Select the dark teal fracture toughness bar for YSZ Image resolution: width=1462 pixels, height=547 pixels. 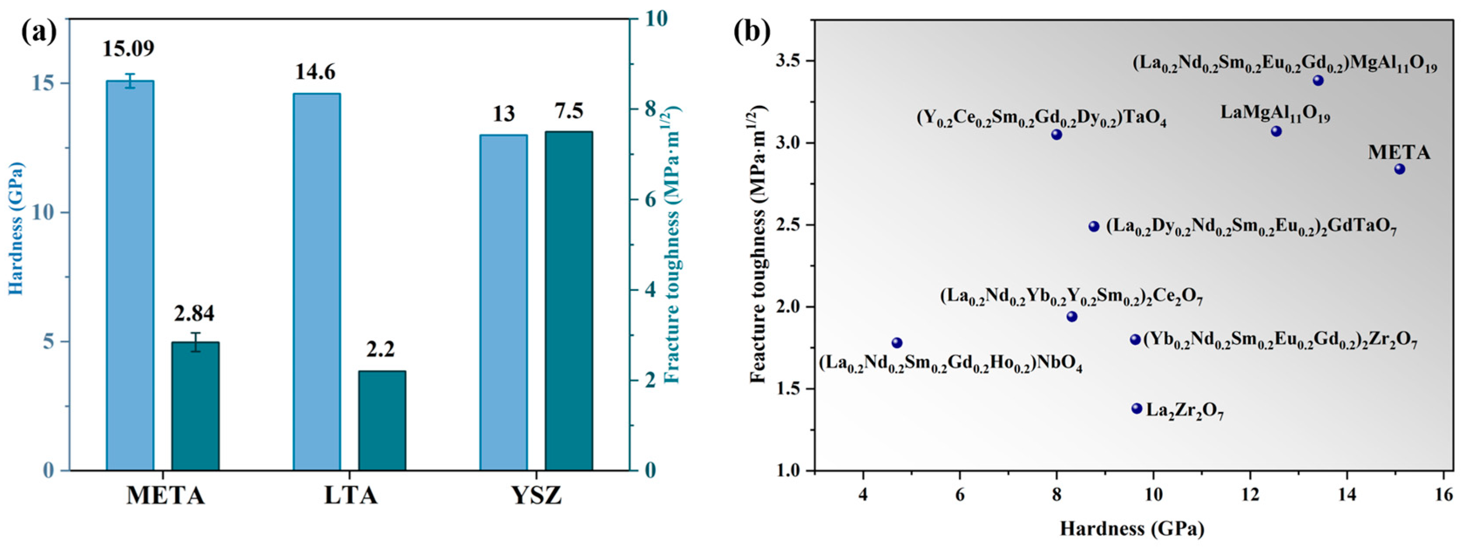(569, 301)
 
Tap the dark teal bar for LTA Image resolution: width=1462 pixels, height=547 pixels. (382, 420)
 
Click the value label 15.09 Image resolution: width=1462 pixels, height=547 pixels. (128, 49)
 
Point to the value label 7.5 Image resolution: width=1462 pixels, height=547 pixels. (569, 111)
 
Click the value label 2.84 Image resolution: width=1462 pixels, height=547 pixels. (195, 313)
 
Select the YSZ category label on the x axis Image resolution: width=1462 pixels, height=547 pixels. (537, 496)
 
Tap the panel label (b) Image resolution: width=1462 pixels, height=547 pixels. (752, 32)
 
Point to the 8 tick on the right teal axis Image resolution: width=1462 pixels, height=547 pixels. (649, 109)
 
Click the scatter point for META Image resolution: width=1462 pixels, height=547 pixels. (1400, 169)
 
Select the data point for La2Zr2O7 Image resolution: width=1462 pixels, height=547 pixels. (1137, 408)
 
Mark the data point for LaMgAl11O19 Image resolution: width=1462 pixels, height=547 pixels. (1276, 131)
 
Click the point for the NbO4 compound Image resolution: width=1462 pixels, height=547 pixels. (897, 343)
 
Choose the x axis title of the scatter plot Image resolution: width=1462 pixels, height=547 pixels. (1132, 529)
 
